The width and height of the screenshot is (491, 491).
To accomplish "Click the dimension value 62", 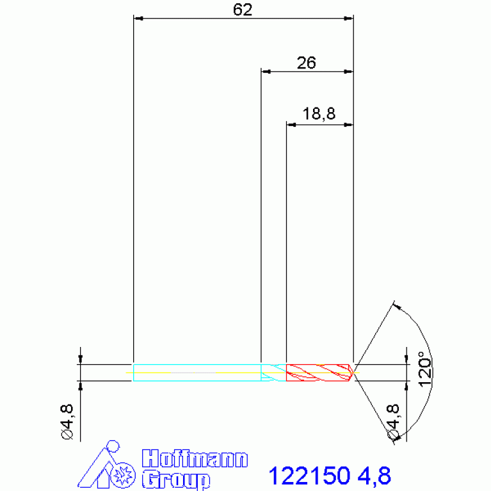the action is point(243,10).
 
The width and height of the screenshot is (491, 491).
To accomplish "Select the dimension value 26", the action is point(306,63).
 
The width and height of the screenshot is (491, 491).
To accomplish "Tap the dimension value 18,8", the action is point(319,114).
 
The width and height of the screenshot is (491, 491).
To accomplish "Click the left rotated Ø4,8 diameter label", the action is point(67,422).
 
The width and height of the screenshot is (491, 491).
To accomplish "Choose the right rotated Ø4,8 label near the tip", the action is point(393,422).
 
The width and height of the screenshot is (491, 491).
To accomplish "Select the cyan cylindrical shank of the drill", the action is point(197,373).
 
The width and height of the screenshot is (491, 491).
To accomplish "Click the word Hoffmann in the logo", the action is point(195,459).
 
